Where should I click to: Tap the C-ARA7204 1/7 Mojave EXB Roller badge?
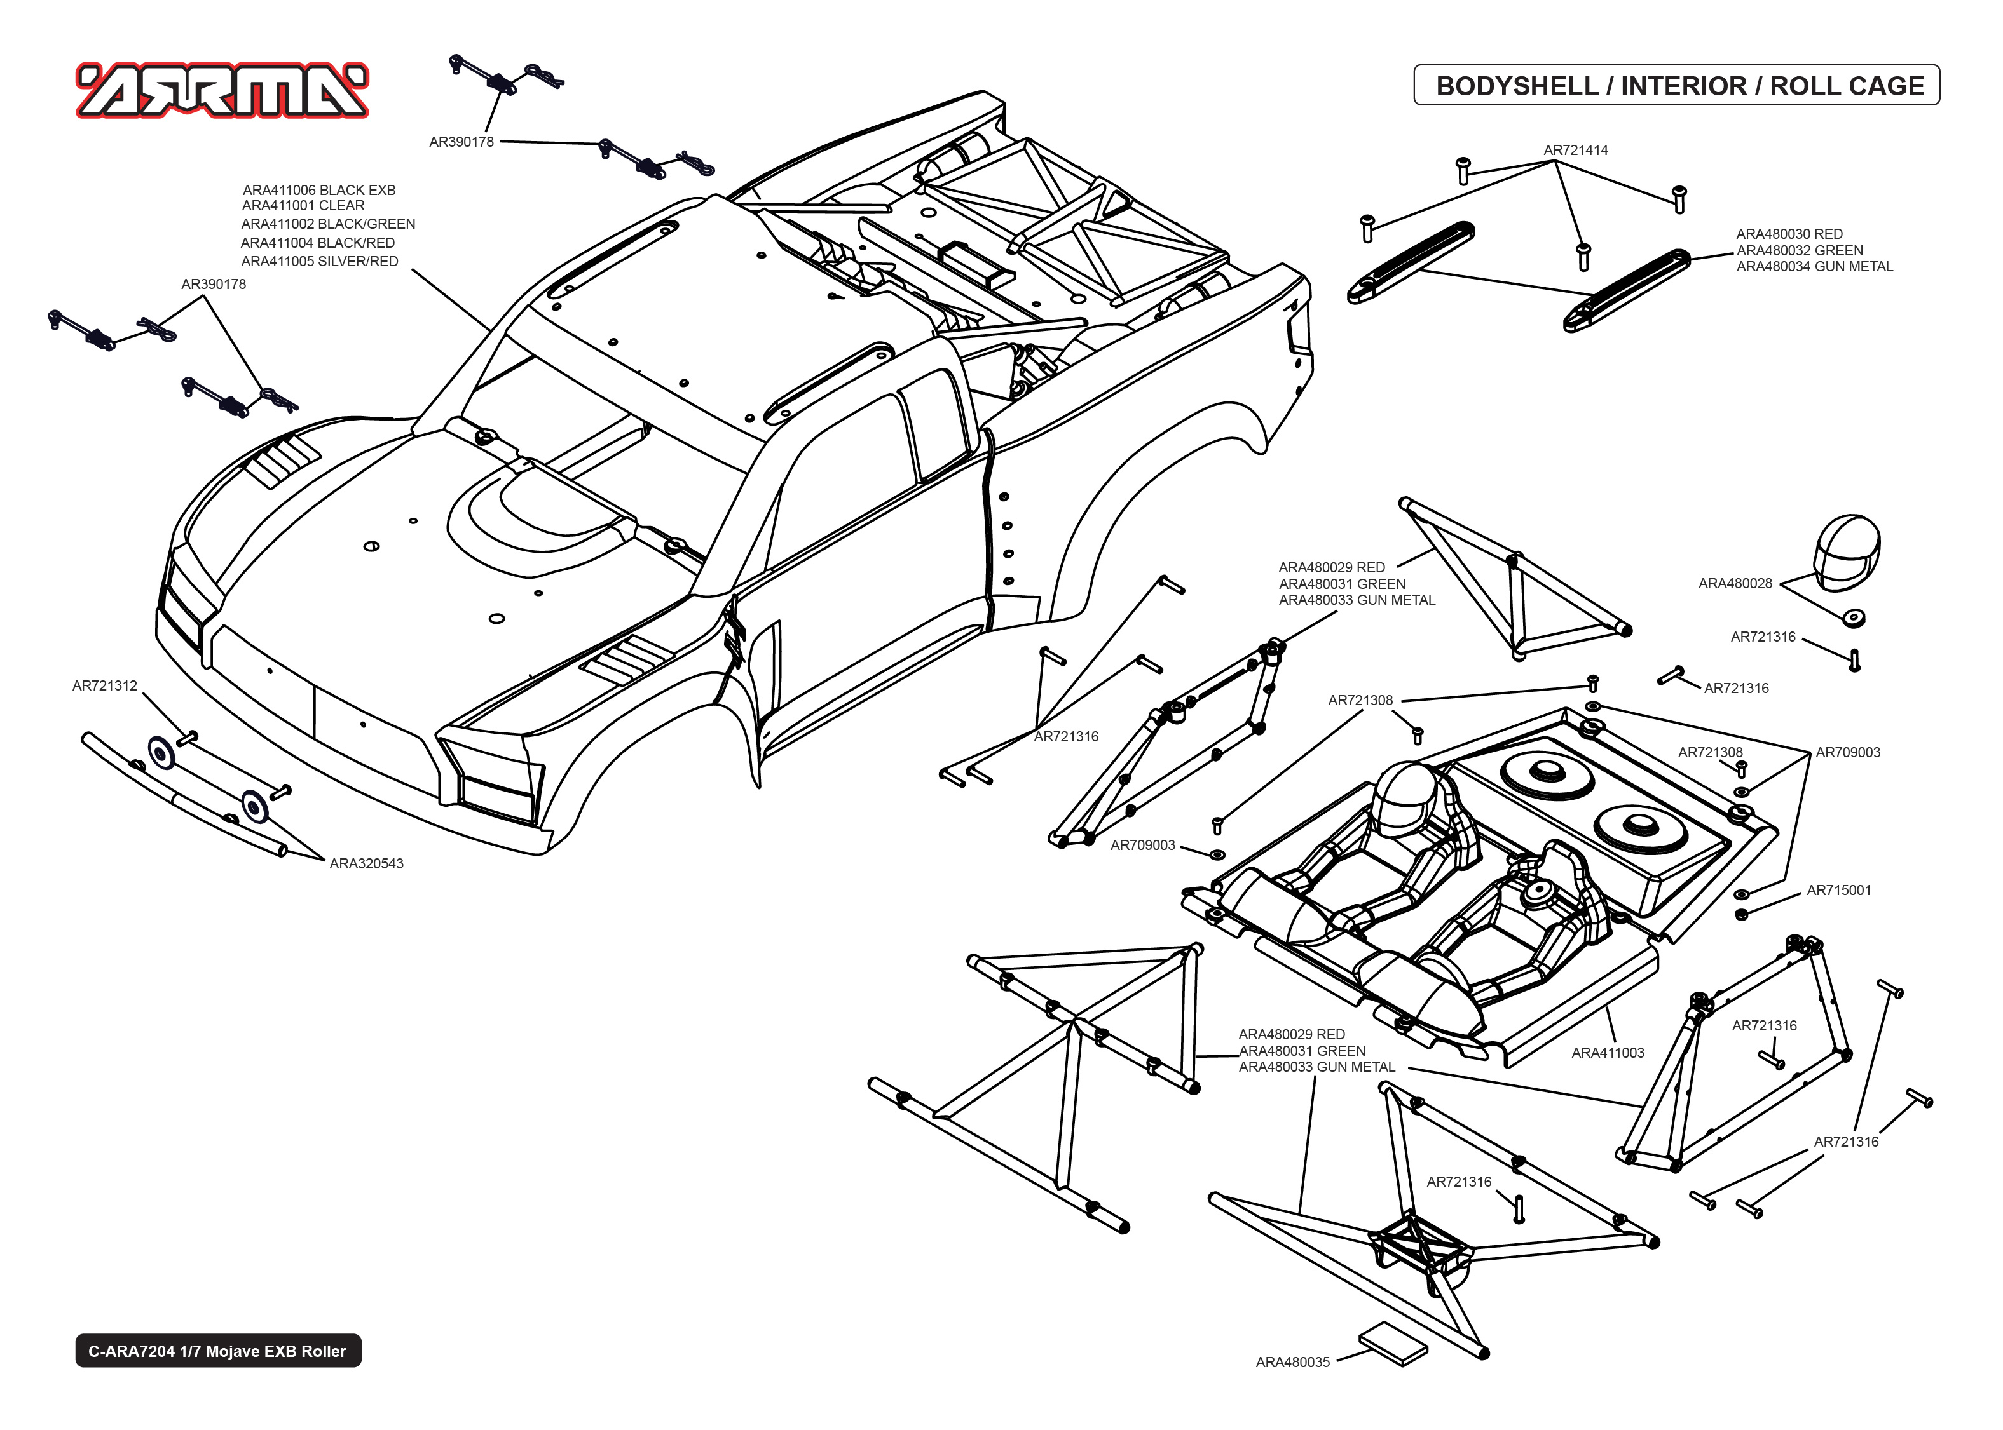pos(217,1351)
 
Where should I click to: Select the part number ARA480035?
pos(1292,1362)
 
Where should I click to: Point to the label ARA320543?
pos(366,864)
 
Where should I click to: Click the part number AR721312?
pos(105,686)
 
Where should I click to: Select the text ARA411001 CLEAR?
pos(303,205)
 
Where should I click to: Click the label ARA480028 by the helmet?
pos(1734,583)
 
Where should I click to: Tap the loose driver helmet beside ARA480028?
pos(1846,552)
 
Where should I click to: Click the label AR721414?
pos(1575,150)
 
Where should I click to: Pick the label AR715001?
pos(1838,890)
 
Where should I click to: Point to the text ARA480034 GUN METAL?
pos(1814,266)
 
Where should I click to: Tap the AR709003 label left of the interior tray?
pos(1142,846)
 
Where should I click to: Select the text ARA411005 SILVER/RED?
pos(319,262)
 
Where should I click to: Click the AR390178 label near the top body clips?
pos(461,142)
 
